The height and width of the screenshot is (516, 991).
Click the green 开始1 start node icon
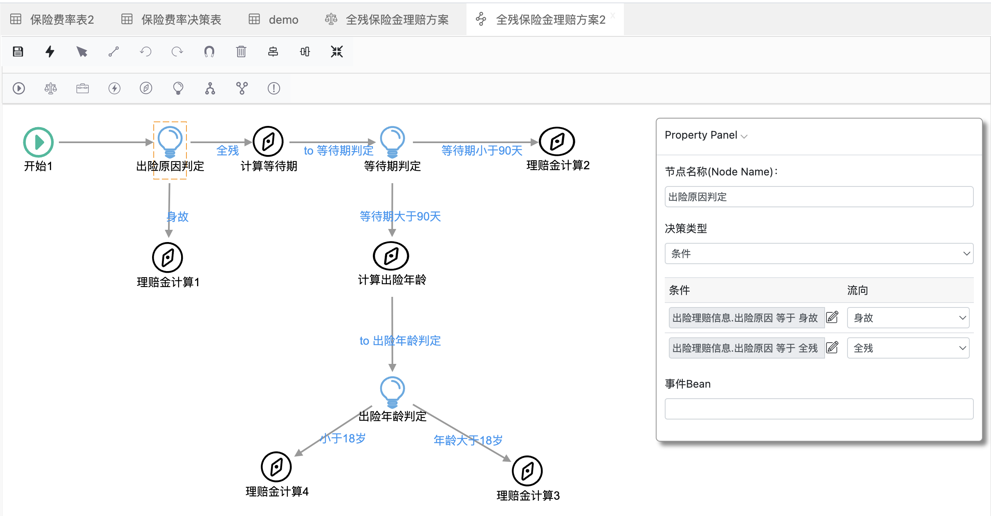coord(38,142)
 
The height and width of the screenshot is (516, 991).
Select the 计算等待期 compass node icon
coord(268,141)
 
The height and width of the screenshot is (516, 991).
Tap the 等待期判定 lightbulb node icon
coord(392,141)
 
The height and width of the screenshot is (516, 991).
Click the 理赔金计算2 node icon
coord(557,141)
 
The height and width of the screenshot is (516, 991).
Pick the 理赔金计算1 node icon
coord(168,258)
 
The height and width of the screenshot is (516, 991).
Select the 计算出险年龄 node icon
coord(391,256)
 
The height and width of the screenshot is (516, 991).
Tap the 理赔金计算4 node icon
coord(276,467)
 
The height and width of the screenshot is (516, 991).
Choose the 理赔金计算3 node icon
coord(527,471)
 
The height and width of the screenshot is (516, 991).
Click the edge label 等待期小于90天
coord(482,151)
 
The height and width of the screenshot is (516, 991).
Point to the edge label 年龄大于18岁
coord(468,440)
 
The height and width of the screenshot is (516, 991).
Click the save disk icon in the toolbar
coord(18,52)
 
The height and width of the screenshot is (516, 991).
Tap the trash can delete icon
coord(241,52)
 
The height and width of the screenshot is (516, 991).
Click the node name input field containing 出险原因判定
coord(818,197)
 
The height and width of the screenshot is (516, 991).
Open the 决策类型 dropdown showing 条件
coord(818,254)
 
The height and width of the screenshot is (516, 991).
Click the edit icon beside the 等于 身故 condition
coord(832,317)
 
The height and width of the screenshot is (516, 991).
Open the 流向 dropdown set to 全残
coord(908,348)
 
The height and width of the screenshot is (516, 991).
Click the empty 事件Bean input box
coord(818,408)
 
